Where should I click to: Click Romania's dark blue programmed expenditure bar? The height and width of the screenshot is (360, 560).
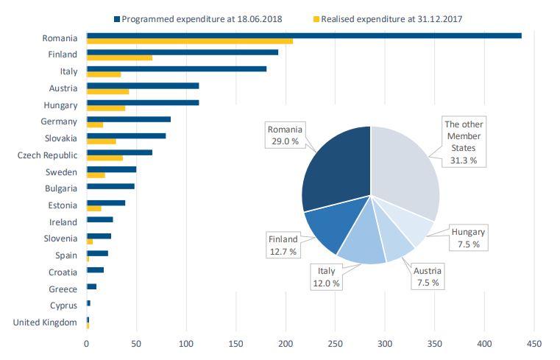[304, 35]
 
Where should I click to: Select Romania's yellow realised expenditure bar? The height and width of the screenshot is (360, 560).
[190, 41]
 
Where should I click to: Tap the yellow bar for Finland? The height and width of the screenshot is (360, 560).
[119, 58]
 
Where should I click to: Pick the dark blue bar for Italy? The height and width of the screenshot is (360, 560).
[177, 69]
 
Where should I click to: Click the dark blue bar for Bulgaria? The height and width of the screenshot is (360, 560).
[110, 186]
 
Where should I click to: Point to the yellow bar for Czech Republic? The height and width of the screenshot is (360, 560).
[104, 158]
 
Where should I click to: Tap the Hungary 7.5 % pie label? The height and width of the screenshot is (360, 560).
[468, 238]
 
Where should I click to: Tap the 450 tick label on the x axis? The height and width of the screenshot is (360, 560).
[535, 344]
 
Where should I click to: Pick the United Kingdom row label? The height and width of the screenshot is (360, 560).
[45, 322]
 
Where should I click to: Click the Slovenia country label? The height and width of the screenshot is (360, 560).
[60, 239]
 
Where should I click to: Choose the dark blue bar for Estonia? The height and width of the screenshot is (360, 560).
[106, 203]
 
